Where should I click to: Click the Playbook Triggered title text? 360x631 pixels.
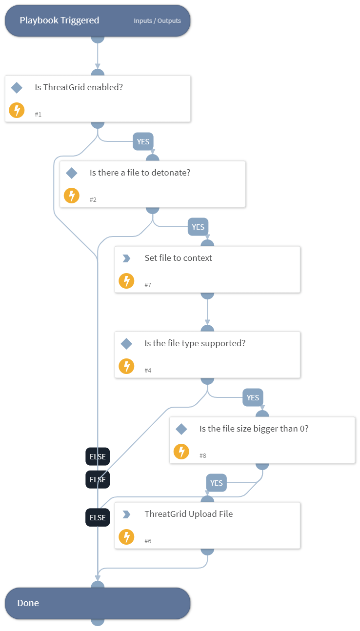tap(59, 20)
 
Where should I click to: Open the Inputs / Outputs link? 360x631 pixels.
tap(157, 21)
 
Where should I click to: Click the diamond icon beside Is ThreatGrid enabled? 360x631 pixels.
tap(17, 88)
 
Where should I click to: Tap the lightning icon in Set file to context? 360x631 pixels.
tap(126, 281)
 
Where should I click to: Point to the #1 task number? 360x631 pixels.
tap(38, 114)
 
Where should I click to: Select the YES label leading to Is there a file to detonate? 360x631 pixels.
tap(143, 142)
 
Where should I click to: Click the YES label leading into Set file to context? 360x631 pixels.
tap(198, 227)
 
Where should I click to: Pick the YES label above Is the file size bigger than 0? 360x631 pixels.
tap(253, 397)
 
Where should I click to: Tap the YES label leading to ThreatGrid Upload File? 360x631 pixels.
tap(216, 483)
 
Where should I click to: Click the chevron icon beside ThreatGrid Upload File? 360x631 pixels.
tap(126, 514)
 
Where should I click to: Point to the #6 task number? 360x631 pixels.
tap(148, 541)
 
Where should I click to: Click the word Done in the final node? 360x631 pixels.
tap(28, 603)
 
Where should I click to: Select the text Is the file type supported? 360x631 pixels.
tap(195, 343)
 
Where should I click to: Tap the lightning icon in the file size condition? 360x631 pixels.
tap(181, 452)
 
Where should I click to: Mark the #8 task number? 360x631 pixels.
tap(203, 455)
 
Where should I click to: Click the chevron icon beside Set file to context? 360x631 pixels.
tap(126, 258)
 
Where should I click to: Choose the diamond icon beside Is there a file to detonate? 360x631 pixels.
tap(72, 173)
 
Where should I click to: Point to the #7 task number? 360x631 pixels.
tap(148, 285)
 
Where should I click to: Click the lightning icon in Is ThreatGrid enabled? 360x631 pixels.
tap(17, 110)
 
